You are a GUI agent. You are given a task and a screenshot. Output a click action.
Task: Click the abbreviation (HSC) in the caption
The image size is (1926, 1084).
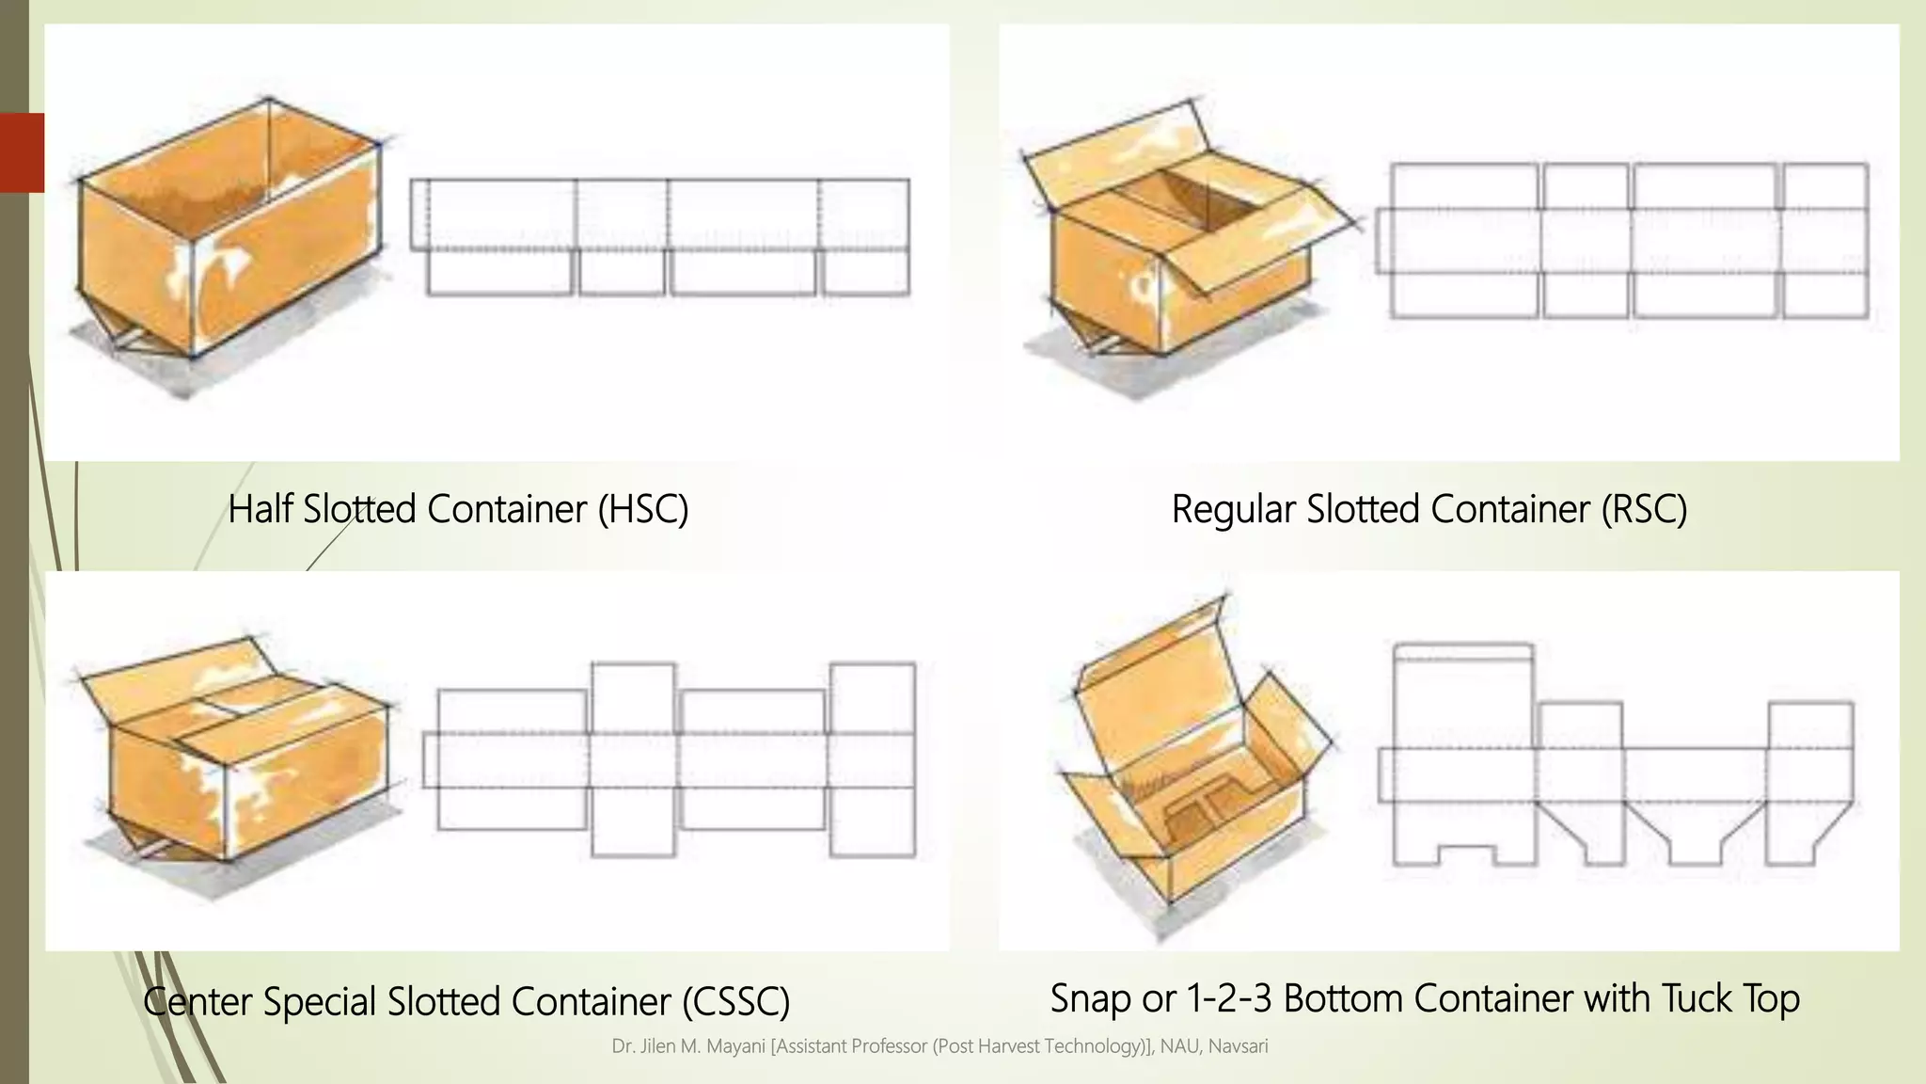643,509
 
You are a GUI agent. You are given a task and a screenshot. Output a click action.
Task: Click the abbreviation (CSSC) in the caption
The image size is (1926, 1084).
736,1001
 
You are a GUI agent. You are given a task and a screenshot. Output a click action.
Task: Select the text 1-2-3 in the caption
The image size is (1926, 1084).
1229,998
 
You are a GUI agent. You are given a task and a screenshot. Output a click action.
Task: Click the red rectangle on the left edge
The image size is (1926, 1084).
22,152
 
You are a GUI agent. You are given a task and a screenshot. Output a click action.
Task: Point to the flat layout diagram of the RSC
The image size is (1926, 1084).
1622,241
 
